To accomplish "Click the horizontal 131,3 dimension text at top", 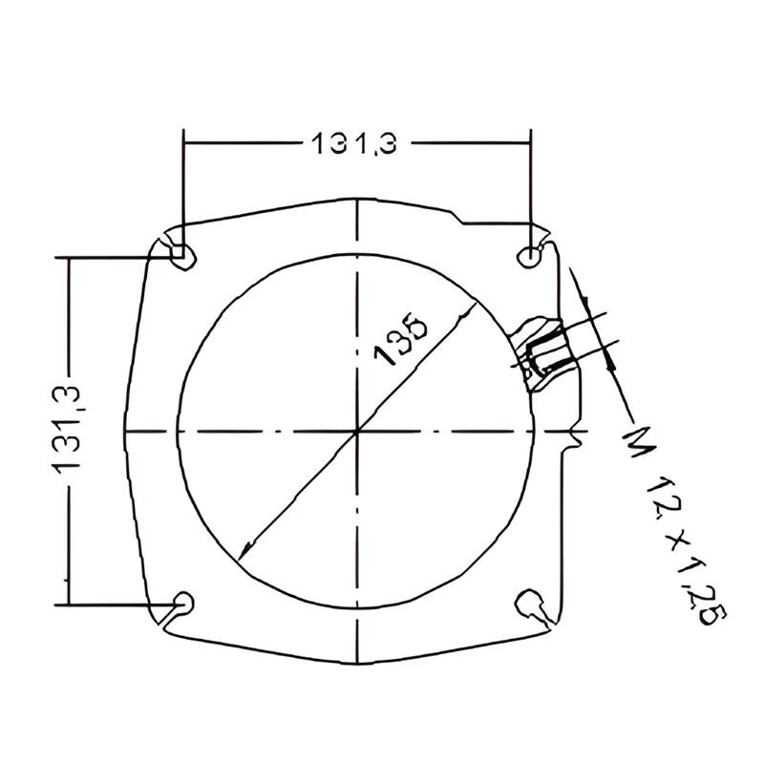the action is coord(353,144).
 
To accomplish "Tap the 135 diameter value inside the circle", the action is coord(400,337).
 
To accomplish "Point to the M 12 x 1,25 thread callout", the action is coord(674,526).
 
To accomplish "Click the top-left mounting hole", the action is coord(182,256).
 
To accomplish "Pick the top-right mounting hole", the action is coord(529,256).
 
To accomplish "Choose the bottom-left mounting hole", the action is coord(184,604).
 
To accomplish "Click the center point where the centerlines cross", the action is coord(357,432).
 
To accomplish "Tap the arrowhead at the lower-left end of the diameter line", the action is coord(245,550).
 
